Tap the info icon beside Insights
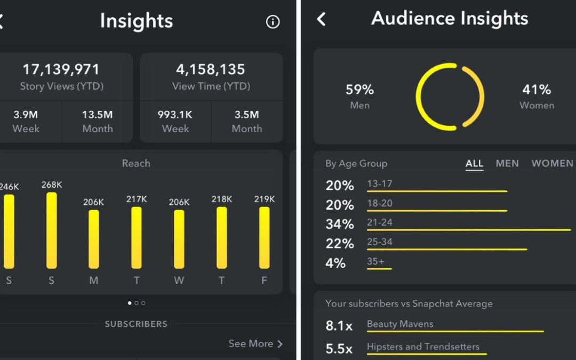click(273, 22)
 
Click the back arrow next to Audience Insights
click(321, 20)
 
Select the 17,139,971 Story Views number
click(61, 69)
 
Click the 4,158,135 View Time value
click(211, 69)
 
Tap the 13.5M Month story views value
click(98, 115)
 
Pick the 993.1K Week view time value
click(175, 115)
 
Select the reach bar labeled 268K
click(51, 230)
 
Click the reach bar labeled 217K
click(137, 237)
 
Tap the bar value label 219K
click(265, 199)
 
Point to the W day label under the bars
click(179, 281)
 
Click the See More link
click(255, 343)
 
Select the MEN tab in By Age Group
click(507, 164)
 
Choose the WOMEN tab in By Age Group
click(553, 164)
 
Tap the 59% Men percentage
click(359, 90)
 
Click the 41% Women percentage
click(537, 90)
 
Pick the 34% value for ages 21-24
click(340, 225)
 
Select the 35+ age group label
click(375, 261)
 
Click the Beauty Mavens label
click(400, 324)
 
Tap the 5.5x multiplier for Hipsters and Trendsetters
click(339, 349)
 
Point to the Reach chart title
click(136, 163)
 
